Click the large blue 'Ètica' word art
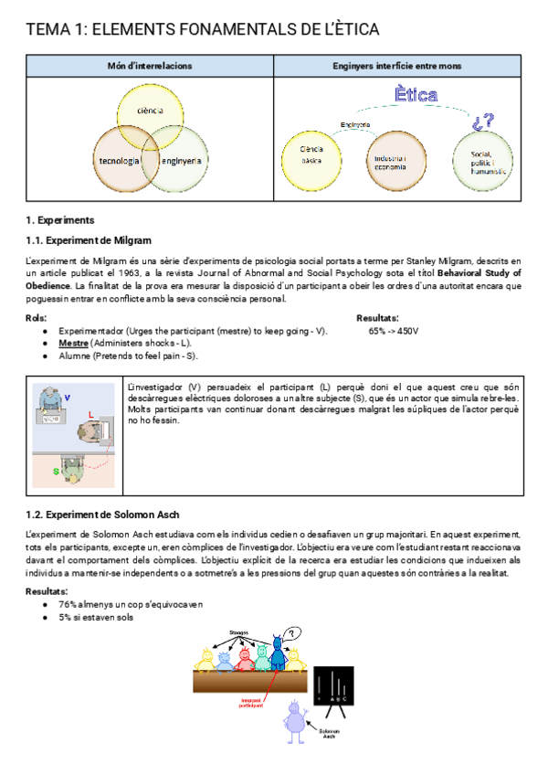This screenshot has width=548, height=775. pyautogui.click(x=416, y=95)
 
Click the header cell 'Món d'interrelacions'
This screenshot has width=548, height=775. pyautogui.click(x=150, y=66)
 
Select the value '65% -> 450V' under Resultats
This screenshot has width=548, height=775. pyautogui.click(x=394, y=330)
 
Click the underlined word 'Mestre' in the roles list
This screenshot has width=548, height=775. pyautogui.click(x=73, y=343)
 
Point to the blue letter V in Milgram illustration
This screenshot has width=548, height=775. pyautogui.click(x=67, y=397)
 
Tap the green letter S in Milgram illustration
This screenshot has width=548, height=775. pyautogui.click(x=56, y=472)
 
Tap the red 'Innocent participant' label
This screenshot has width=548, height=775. pyautogui.click(x=251, y=704)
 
